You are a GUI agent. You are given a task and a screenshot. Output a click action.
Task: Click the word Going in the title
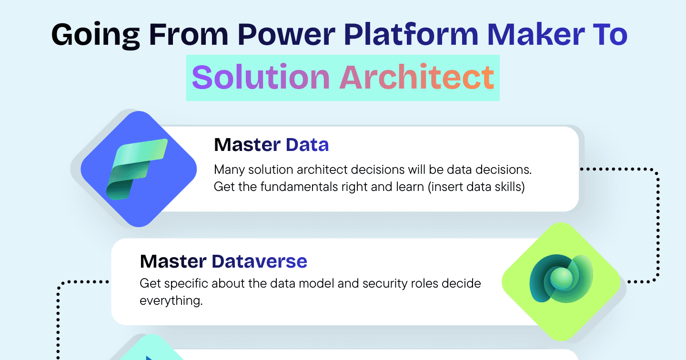pos(96,35)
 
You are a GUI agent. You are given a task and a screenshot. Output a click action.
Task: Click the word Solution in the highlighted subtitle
pos(261,77)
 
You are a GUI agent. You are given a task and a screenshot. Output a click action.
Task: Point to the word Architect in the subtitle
pos(416,77)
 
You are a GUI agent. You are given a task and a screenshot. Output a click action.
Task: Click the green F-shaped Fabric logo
pos(137,169)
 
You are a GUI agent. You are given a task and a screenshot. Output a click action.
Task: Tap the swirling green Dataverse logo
pos(561,279)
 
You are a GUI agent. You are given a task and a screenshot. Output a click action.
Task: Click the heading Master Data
pos(272,145)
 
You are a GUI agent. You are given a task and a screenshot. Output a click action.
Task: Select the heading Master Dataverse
pos(223,261)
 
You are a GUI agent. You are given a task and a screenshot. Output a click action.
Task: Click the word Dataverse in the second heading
pos(259,261)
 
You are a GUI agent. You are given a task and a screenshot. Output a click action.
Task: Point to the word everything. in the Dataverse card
pos(171,301)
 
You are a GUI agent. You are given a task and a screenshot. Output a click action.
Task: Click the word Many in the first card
pos(229,170)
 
